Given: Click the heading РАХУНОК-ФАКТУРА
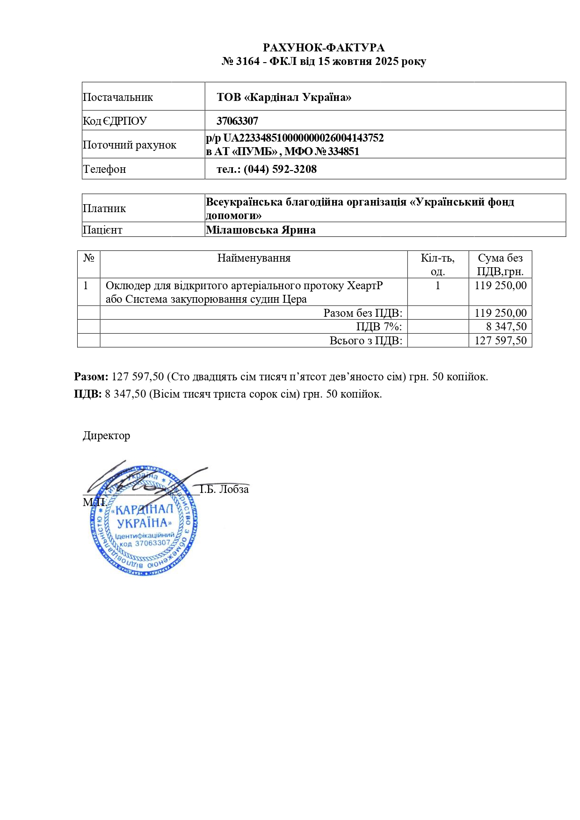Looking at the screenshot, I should (x=324, y=48).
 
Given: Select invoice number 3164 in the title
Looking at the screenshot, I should (x=247, y=61).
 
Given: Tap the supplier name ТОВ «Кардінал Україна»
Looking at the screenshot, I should (x=284, y=97).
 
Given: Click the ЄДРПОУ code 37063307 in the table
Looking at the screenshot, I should (x=237, y=121).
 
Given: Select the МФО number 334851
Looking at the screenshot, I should (x=343, y=151).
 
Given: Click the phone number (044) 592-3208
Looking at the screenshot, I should (x=280, y=169).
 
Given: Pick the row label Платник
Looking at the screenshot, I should (x=104, y=208).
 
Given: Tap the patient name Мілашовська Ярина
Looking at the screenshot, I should (x=261, y=230).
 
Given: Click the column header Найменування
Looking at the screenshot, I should (x=254, y=258).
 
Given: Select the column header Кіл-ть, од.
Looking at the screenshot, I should (x=438, y=264).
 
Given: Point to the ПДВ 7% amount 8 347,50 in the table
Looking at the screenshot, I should (x=506, y=327).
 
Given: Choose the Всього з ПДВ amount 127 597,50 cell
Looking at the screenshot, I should (x=500, y=341).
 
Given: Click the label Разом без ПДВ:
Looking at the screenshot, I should (x=362, y=313).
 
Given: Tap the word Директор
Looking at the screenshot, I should (x=107, y=435).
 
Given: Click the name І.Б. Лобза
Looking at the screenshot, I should (x=225, y=489).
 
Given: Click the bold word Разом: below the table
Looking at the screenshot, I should (x=91, y=377).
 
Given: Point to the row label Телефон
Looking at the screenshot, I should (x=104, y=169).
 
